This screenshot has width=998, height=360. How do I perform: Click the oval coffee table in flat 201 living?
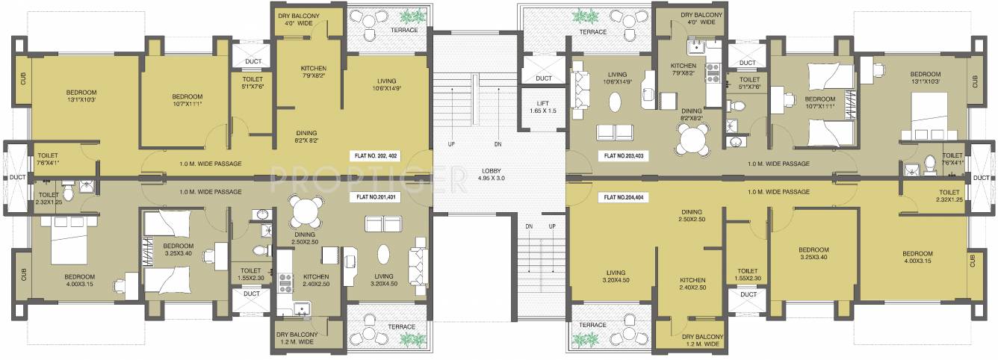[x=383, y=255]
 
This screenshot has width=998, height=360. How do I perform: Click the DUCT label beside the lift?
[x=543, y=78]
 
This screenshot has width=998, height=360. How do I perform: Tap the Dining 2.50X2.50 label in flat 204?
[x=692, y=215]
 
